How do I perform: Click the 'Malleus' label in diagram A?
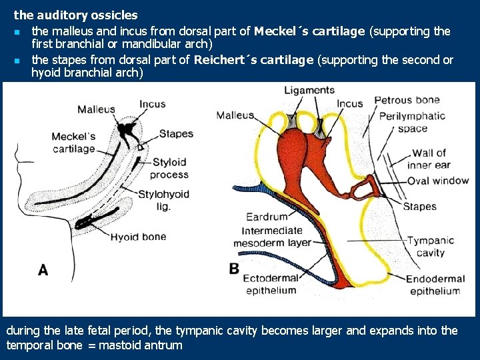[x=96, y=109]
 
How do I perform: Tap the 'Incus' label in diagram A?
[x=153, y=104]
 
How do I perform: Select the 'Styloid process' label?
[x=169, y=168]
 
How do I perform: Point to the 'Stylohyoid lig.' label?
[x=163, y=200]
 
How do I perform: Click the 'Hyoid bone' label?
[x=138, y=237]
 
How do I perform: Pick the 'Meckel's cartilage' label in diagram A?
[x=74, y=143]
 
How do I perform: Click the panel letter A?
[x=43, y=270]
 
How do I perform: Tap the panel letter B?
[x=234, y=268]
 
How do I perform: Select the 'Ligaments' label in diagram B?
[x=309, y=90]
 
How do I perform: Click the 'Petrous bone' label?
[x=407, y=100]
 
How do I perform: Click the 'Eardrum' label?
[x=267, y=217]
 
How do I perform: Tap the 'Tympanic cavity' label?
[x=431, y=247]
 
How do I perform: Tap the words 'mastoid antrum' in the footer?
[x=140, y=345]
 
